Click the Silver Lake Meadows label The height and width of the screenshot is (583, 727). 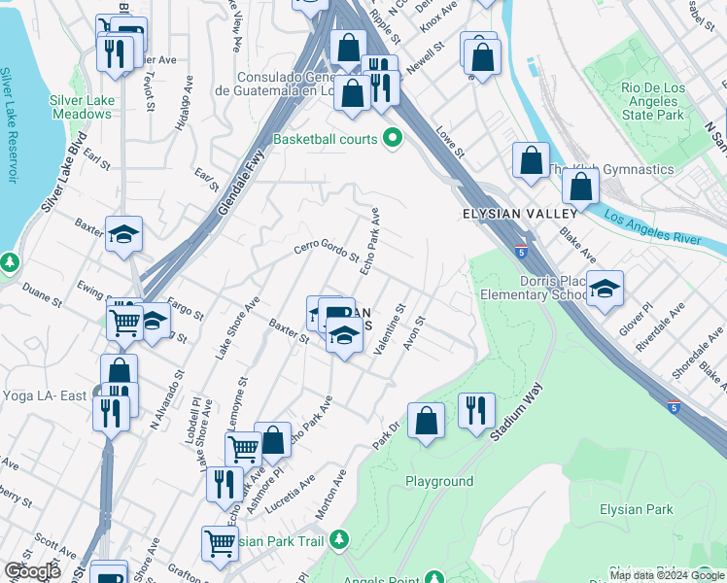[82, 107]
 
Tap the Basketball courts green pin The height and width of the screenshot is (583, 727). [393, 139]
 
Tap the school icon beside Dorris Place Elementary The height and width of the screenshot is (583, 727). [605, 288]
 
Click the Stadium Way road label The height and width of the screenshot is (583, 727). [515, 413]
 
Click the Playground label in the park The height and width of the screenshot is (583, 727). [439, 481]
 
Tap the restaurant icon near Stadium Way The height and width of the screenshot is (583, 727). [476, 410]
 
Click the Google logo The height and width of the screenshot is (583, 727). [33, 571]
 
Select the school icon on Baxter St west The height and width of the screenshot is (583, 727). [124, 234]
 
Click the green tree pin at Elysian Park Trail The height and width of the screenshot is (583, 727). [338, 538]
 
